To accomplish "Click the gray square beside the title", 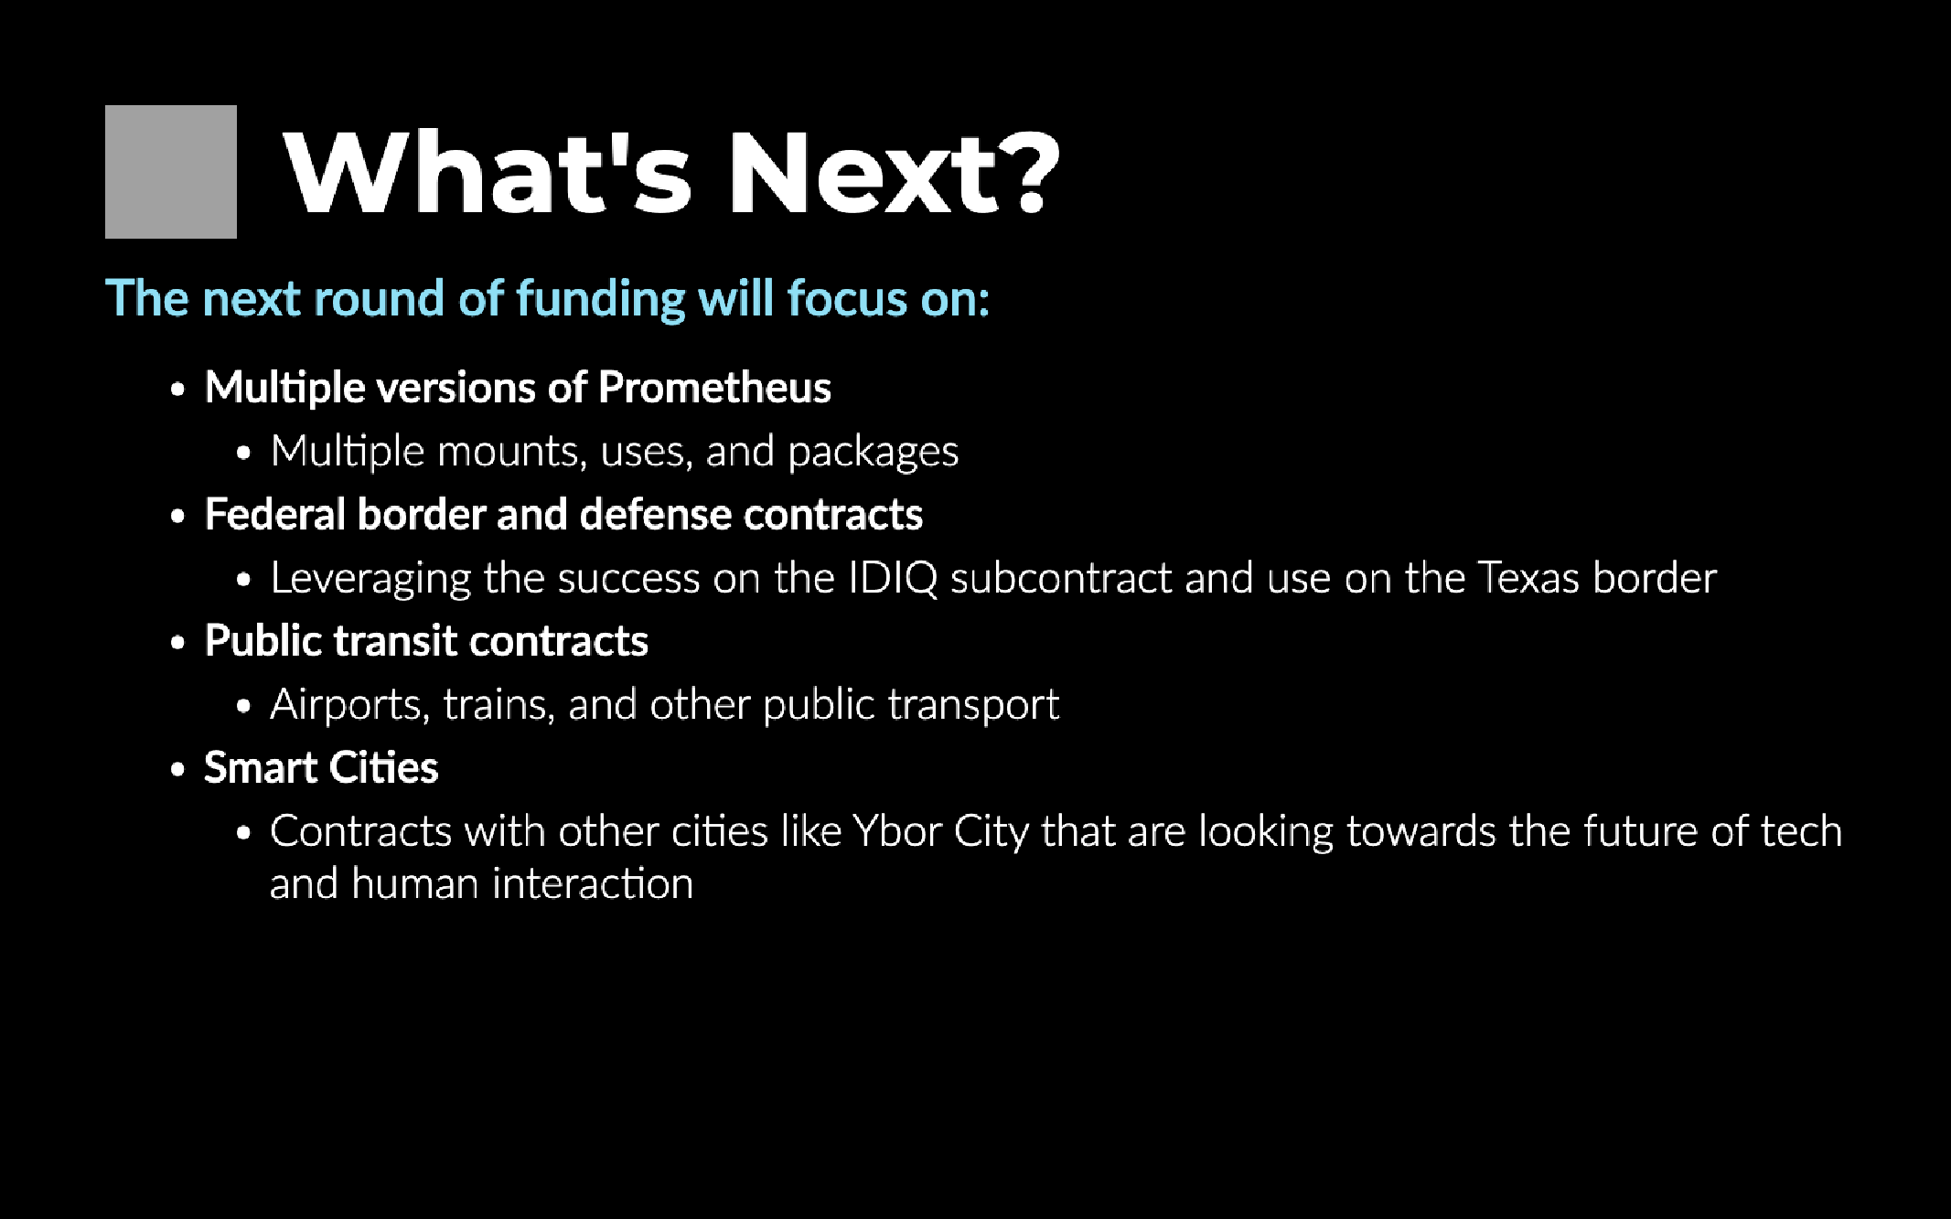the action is (171, 172).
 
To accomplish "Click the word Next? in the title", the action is (894, 172).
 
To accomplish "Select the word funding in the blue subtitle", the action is (601, 300).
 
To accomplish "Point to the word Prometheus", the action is (714, 388).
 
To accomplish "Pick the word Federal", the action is (275, 514).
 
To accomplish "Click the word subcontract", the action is (1061, 578).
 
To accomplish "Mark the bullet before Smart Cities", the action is (177, 769).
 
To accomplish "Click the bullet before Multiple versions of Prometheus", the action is (177, 390).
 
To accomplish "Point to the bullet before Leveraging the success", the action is (243, 580).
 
